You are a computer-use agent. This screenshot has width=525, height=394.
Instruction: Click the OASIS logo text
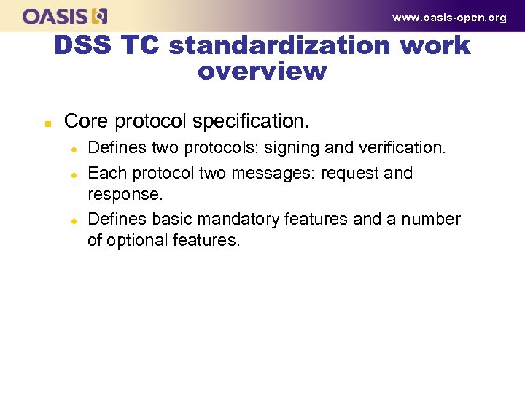(x=55, y=16)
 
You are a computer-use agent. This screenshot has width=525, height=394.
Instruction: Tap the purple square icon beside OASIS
(x=100, y=16)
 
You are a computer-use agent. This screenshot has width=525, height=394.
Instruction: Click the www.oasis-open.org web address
(x=448, y=18)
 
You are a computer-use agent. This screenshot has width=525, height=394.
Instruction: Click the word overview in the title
(x=262, y=72)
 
